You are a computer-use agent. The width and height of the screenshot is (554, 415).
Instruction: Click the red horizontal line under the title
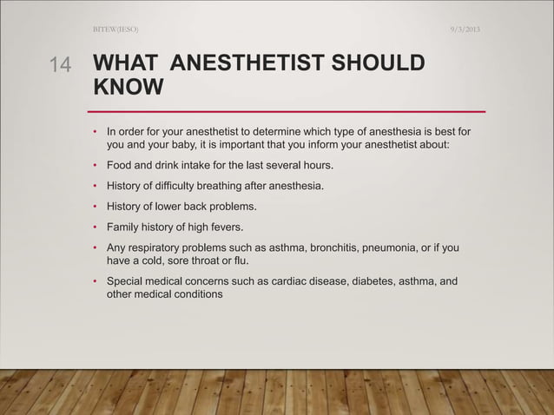[x=287, y=112]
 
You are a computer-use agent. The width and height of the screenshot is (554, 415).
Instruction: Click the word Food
[x=120, y=165]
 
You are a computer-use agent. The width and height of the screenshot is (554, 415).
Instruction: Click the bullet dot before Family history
[x=96, y=227]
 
